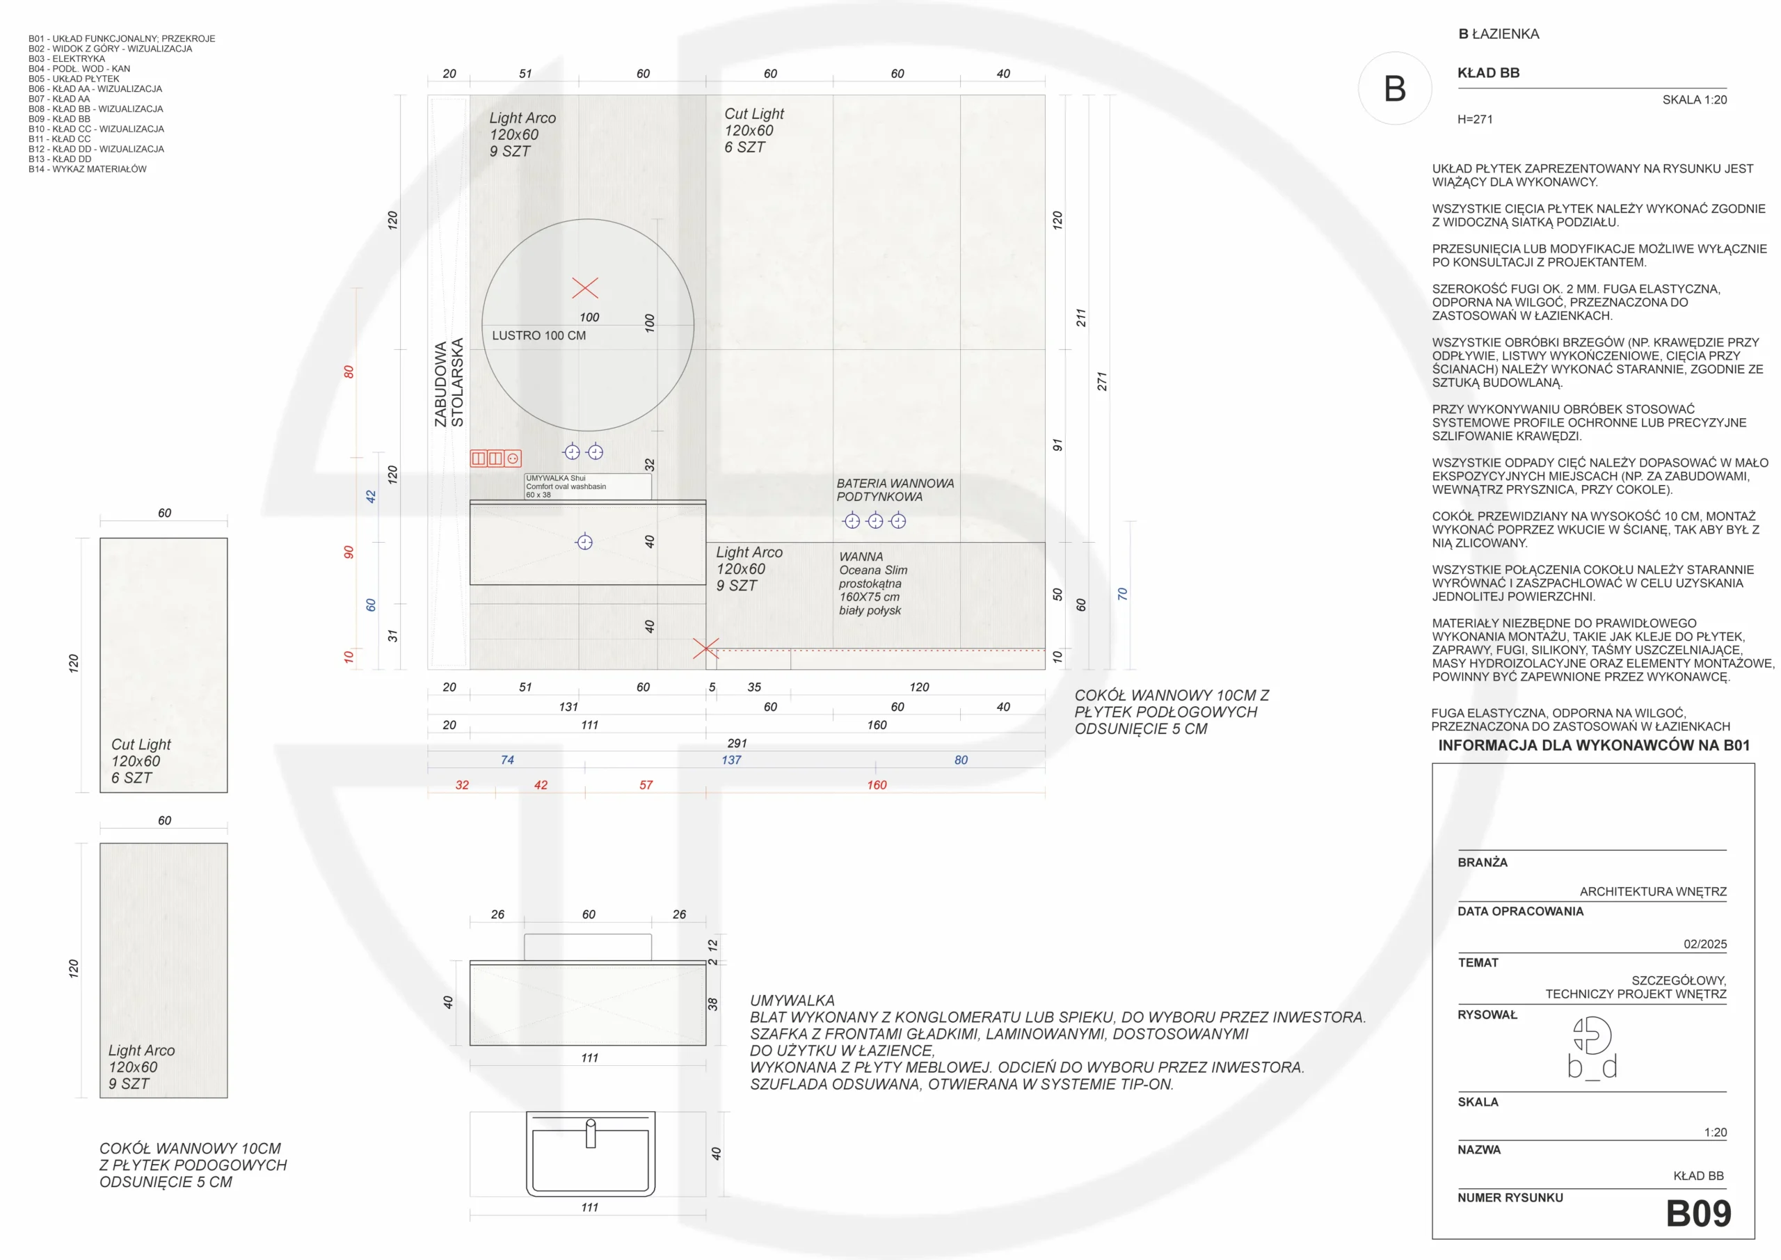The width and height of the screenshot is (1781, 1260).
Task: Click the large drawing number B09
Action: coord(1698,1213)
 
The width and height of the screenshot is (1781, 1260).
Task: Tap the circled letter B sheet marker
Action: coord(1395,88)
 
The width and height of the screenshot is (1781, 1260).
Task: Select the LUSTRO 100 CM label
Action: coord(539,336)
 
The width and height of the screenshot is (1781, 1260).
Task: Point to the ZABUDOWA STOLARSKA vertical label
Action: coord(449,383)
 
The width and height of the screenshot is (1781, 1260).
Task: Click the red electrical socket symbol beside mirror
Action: coord(495,458)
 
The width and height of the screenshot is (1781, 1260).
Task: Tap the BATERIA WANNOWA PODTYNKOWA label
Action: coord(895,491)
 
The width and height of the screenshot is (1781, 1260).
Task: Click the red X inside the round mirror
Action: coord(585,288)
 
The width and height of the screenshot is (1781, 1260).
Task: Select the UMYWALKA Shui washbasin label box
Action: coord(588,486)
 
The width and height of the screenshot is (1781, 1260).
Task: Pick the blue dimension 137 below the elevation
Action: coord(731,760)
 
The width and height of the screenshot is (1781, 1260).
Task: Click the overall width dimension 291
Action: coord(737,743)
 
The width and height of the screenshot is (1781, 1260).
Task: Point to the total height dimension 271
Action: coord(1101,382)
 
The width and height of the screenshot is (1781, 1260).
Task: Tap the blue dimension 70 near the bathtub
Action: coord(1121,594)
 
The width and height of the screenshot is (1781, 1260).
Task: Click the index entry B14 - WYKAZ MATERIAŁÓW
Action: coord(88,169)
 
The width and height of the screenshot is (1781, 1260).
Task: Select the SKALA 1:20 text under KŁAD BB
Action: coord(1694,100)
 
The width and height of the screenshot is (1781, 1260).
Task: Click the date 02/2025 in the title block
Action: coord(1705,944)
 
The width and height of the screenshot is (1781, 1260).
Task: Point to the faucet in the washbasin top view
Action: coord(591,1133)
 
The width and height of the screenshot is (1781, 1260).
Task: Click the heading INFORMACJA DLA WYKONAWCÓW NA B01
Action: coord(1594,746)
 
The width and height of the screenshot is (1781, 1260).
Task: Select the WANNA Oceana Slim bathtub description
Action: coord(872,584)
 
